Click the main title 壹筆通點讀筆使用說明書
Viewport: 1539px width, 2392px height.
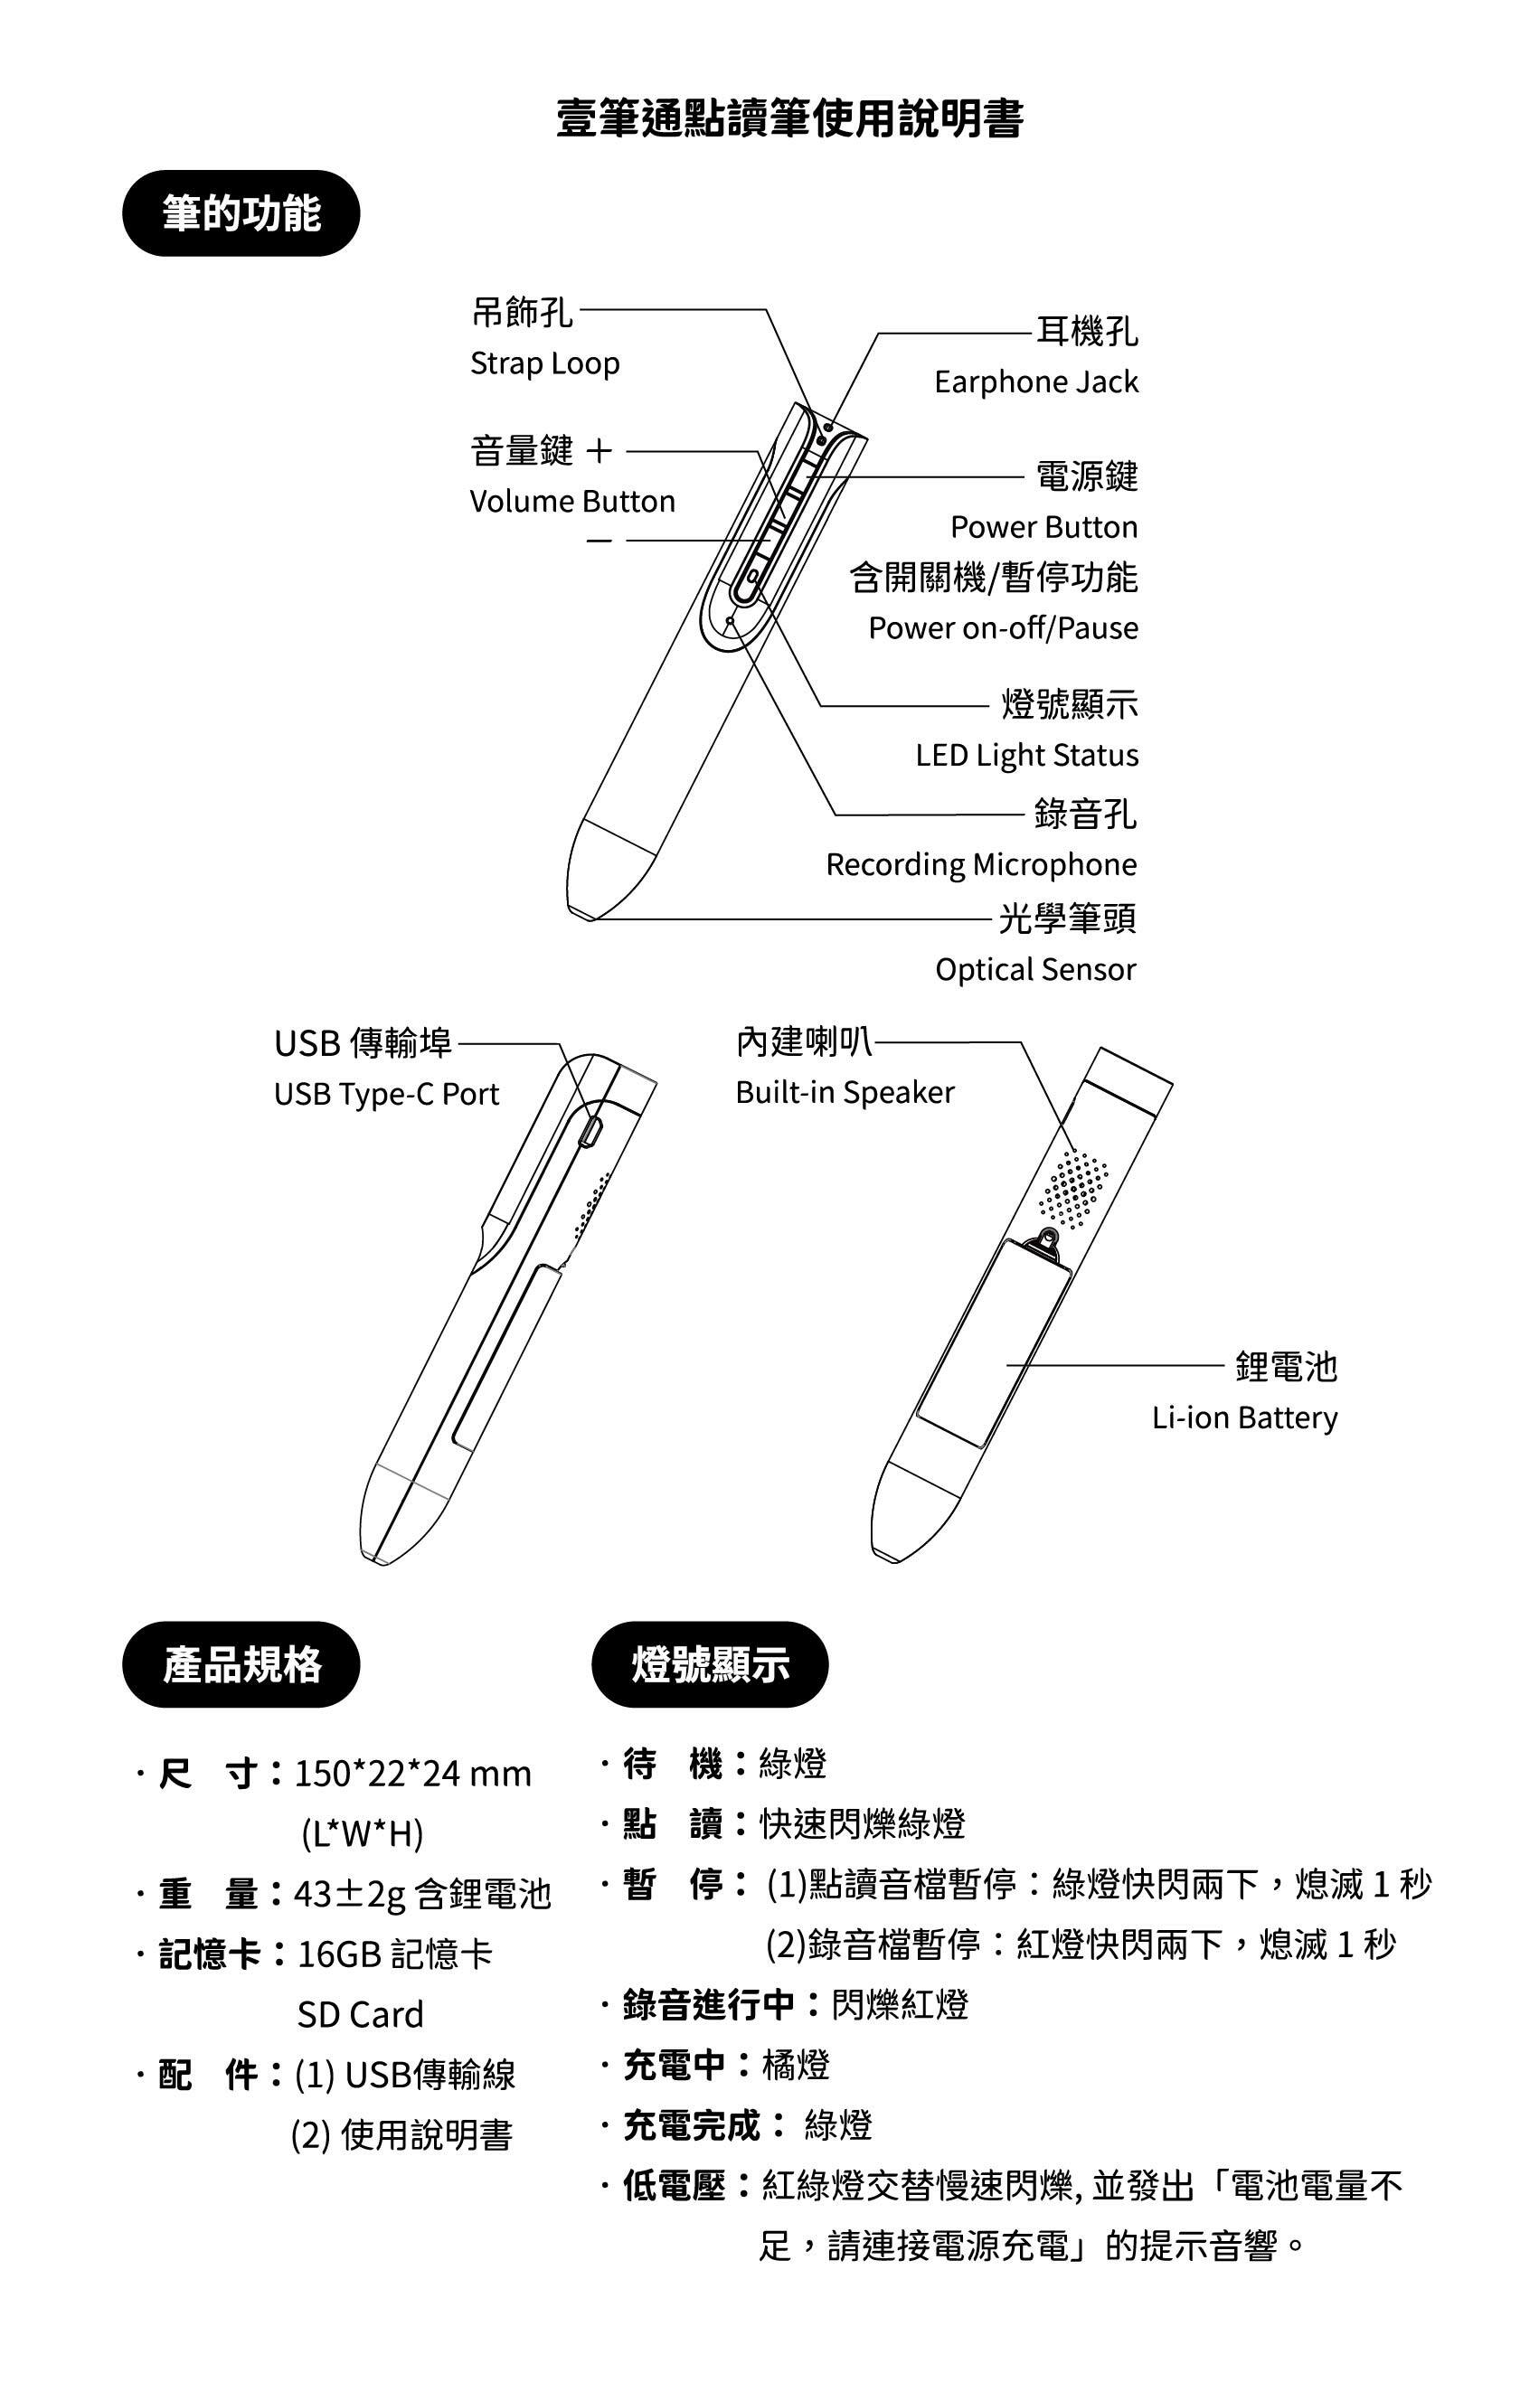pyautogui.click(x=789, y=118)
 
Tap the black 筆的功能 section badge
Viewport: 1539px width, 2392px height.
pyautogui.click(x=241, y=212)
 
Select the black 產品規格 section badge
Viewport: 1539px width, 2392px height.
pyautogui.click(x=241, y=1664)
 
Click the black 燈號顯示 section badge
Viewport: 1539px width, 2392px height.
pyautogui.click(x=711, y=1664)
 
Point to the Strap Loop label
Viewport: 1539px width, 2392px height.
pyautogui.click(x=544, y=363)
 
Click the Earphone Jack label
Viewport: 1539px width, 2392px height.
pyautogui.click(x=1036, y=381)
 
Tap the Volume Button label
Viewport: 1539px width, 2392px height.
pyautogui.click(x=572, y=501)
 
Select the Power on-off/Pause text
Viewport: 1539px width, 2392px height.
pyautogui.click(x=1004, y=627)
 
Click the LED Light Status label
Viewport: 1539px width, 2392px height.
pyautogui.click(x=1027, y=756)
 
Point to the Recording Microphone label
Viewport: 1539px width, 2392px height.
pyautogui.click(x=981, y=864)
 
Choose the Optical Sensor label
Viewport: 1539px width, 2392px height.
pyautogui.click(x=1035, y=969)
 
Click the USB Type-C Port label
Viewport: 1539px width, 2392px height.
pyautogui.click(x=387, y=1094)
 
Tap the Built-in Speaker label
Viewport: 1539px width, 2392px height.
pyautogui.click(x=845, y=1092)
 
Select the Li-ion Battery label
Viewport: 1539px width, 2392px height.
pyautogui.click(x=1244, y=1417)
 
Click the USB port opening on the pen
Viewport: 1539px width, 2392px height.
pyautogui.click(x=590, y=1132)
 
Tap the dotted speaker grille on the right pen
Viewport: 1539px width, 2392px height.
pyautogui.click(x=1073, y=1188)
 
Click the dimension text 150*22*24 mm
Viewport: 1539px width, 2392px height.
pyautogui.click(x=412, y=1774)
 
